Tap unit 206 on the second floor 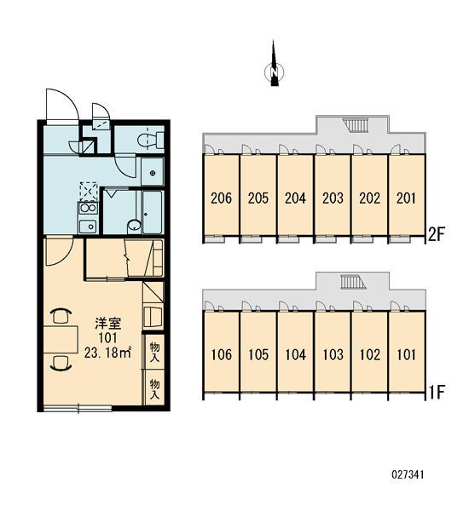(221, 195)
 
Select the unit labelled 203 (333, 195)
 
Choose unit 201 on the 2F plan (407, 195)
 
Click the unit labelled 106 (221, 352)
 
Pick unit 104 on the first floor (295, 352)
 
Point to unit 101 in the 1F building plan (407, 352)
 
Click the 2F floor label (437, 234)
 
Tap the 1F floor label (437, 393)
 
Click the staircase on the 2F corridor (356, 125)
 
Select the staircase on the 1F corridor (353, 282)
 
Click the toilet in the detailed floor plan (150, 140)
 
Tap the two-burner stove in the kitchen (88, 208)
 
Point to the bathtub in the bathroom (153, 212)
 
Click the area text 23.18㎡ (107, 353)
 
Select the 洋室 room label (108, 324)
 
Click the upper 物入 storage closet (154, 352)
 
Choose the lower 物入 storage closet (154, 388)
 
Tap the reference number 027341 (408, 474)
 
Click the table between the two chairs (61, 339)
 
